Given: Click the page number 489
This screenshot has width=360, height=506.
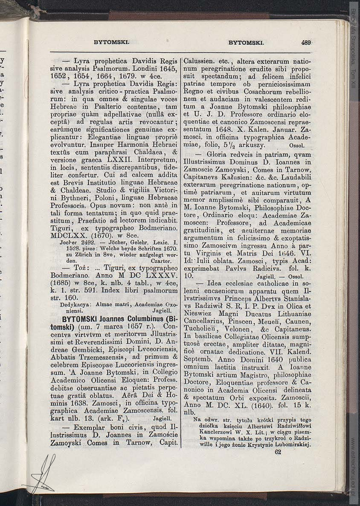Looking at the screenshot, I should [306, 42].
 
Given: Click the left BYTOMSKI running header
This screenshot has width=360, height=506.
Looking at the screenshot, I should [111, 42].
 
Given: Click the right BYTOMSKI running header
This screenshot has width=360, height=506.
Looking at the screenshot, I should [247, 42].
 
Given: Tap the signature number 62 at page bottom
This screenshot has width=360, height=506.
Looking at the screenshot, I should [278, 452].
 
